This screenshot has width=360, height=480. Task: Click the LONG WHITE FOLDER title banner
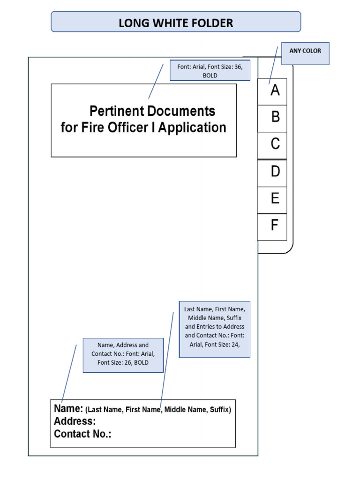[176, 22]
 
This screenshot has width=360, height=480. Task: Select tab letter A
[275, 90]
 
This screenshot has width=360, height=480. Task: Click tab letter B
[275, 117]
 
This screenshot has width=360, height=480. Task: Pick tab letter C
[275, 144]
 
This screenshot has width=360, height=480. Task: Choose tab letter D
[275, 172]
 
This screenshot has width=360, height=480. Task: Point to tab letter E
[275, 199]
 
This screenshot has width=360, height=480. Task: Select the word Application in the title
[192, 127]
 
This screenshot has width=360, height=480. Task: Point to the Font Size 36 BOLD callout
[210, 71]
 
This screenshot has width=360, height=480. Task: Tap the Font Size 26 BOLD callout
[123, 354]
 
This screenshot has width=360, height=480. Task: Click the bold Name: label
[68, 409]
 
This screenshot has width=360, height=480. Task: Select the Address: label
[75, 421]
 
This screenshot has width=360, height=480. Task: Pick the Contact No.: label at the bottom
[82, 434]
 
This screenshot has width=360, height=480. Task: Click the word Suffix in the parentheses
[219, 410]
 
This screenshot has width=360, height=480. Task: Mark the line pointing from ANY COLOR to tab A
[273, 65]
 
